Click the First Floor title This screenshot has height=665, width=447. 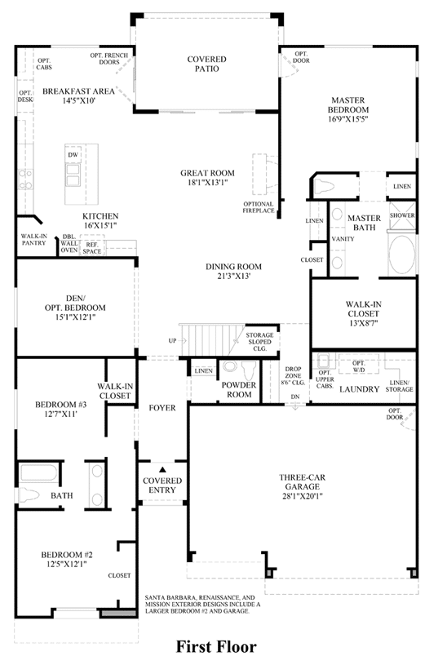(x=216, y=647)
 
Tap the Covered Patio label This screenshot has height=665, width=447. (x=207, y=64)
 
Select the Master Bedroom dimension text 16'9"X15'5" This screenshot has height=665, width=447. (x=347, y=119)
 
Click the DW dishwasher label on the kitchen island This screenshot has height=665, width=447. (x=73, y=155)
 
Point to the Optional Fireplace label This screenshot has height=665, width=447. (x=259, y=207)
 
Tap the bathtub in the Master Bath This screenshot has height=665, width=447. (x=402, y=255)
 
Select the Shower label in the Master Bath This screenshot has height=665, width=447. (x=402, y=215)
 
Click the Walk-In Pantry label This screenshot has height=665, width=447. (x=34, y=240)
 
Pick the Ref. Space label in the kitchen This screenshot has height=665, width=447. (x=92, y=248)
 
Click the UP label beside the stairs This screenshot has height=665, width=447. (x=172, y=340)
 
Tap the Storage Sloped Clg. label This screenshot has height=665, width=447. (x=259, y=342)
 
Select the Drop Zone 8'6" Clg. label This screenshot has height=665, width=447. (x=293, y=376)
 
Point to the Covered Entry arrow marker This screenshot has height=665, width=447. (x=162, y=469)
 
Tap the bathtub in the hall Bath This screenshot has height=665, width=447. (x=38, y=473)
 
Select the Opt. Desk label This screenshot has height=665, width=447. (x=25, y=96)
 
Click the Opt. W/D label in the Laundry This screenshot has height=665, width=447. (x=359, y=366)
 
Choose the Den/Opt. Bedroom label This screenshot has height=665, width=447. (x=75, y=303)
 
